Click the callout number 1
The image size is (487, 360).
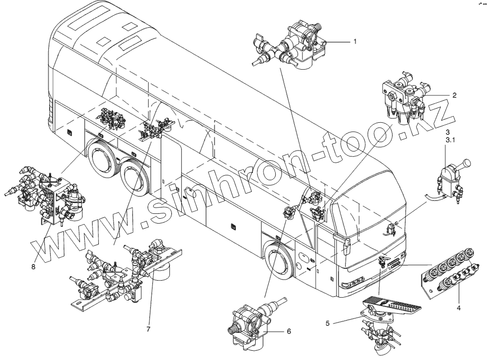pyautogui.click(x=355, y=42)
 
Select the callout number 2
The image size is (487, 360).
pyautogui.click(x=454, y=96)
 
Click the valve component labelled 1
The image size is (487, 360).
pyautogui.click(x=297, y=46)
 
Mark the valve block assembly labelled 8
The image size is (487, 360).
pyautogui.click(x=49, y=195)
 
